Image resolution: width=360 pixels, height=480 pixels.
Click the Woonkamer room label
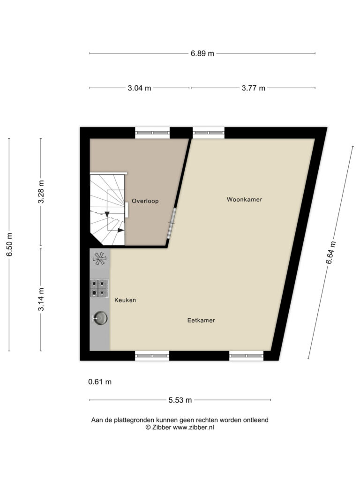[x=244, y=199]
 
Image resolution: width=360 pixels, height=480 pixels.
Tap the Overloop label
[x=145, y=201]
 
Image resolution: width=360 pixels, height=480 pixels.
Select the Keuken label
[x=125, y=300]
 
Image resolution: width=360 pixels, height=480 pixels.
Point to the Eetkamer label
[x=201, y=320]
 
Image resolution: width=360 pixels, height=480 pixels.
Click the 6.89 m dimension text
[x=202, y=53]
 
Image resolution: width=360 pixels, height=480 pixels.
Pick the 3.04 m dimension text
[x=139, y=88]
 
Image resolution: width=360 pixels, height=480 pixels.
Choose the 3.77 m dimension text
[x=254, y=88]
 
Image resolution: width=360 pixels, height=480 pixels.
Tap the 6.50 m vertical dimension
[x=10, y=245]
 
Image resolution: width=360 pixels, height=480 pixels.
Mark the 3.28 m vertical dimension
[x=41, y=192]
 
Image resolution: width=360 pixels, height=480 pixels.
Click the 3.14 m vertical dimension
[x=41, y=300]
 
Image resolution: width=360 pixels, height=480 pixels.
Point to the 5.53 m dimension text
[x=180, y=400]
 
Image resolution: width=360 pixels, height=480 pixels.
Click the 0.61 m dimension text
[x=100, y=382]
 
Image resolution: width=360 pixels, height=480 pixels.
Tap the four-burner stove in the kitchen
[x=99, y=288]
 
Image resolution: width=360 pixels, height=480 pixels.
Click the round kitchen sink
[x=100, y=318]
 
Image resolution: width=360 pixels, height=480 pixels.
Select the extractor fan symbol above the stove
[x=100, y=259]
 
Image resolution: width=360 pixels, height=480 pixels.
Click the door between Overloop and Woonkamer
[x=172, y=223]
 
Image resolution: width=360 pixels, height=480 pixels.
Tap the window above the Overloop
[x=152, y=133]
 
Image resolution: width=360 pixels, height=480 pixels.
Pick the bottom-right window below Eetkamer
[x=247, y=356]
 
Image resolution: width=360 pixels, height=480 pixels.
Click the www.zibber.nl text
[x=194, y=427]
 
